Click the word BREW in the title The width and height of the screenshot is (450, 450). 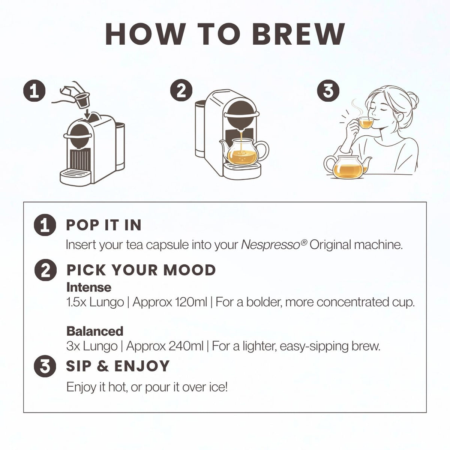pyautogui.click(x=298, y=34)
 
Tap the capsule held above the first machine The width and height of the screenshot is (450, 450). pyautogui.click(x=82, y=100)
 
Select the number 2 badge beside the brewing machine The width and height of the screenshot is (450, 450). pyautogui.click(x=181, y=90)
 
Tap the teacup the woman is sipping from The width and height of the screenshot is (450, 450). pyautogui.click(x=365, y=123)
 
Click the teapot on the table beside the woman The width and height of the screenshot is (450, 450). pyautogui.click(x=347, y=167)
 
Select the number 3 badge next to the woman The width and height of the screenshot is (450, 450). pyautogui.click(x=328, y=90)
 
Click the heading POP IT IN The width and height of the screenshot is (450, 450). pyautogui.click(x=103, y=225)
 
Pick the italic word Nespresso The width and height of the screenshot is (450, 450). pyautogui.click(x=271, y=245)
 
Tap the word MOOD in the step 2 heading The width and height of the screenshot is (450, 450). pyautogui.click(x=189, y=270)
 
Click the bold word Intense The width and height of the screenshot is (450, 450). pyautogui.click(x=89, y=288)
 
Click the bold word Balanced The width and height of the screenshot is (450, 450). pyautogui.click(x=95, y=331)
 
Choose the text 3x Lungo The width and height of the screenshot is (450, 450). pyautogui.click(x=92, y=346)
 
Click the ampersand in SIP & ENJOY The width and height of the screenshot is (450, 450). pyautogui.click(x=103, y=366)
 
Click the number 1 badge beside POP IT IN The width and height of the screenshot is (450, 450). pyautogui.click(x=45, y=225)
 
